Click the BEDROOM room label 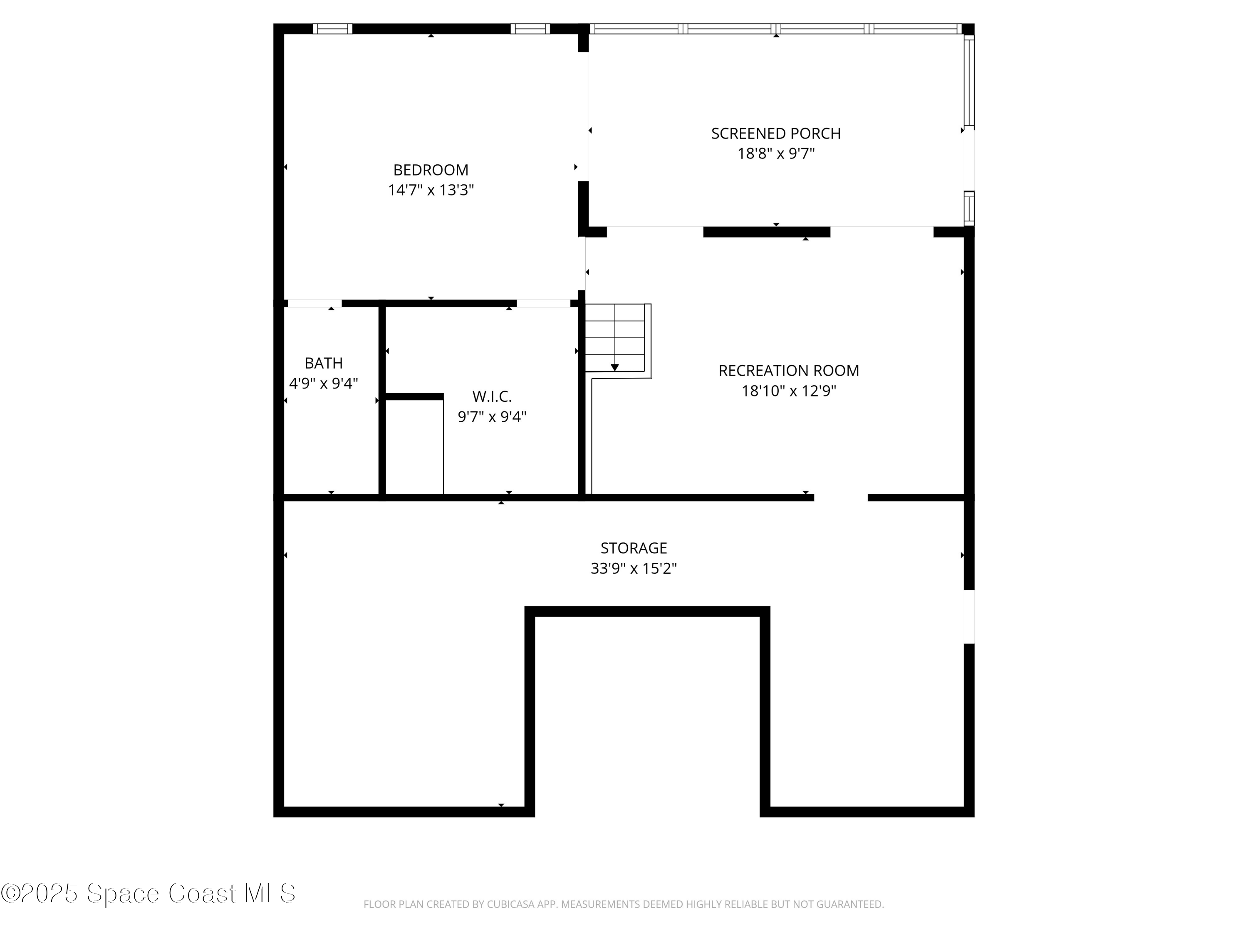tap(431, 170)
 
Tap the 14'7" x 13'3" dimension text tap(431, 190)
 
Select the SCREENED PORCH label tap(776, 134)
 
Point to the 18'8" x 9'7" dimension tap(776, 154)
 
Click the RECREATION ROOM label tap(788, 371)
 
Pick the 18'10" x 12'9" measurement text tap(788, 391)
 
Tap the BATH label tap(323, 363)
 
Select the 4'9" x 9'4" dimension tap(323, 384)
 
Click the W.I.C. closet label tap(492, 396)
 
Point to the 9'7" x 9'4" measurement tap(492, 417)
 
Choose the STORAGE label tap(634, 548)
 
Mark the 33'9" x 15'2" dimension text tap(634, 568)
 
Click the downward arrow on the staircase tap(615, 367)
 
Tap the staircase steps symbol tap(615, 337)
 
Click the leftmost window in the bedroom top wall tap(333, 29)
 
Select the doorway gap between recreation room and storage tap(841, 498)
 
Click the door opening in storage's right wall tap(969, 617)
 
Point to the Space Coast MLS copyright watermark tap(148, 893)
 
